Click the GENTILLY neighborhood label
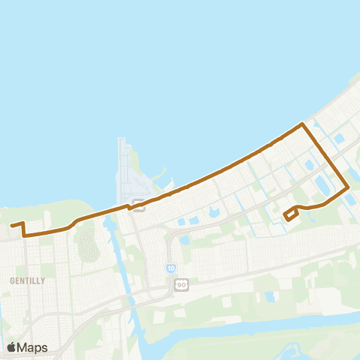(28, 280)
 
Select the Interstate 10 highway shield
(171, 268)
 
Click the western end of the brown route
(11, 224)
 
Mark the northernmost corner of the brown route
(302, 124)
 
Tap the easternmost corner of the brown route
(348, 187)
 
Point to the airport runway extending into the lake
(124, 161)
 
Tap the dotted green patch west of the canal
(88, 244)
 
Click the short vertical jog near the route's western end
(24, 229)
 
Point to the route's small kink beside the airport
(130, 207)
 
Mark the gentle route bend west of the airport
(73, 224)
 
